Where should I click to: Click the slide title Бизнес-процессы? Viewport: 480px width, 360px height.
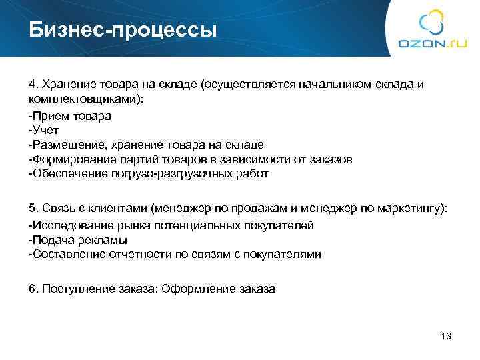coord(123,30)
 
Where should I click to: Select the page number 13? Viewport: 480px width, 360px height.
coord(447,336)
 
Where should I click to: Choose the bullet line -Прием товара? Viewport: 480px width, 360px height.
coord(70,115)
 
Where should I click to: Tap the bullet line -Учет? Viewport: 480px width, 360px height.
coord(43,130)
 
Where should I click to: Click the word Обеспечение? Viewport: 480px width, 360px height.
coord(63,173)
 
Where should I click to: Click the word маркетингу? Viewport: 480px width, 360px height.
coord(417,209)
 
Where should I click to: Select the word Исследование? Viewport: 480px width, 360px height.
coord(67,225)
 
